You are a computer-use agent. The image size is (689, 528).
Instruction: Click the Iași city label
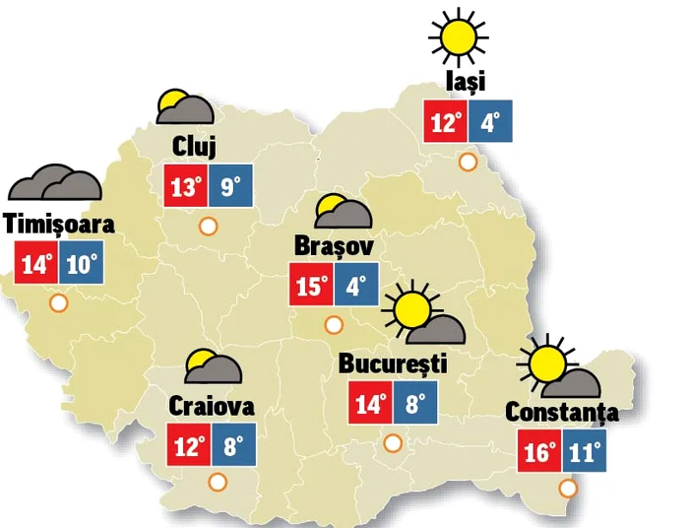click(465, 82)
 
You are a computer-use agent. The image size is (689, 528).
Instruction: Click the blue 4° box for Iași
click(490, 123)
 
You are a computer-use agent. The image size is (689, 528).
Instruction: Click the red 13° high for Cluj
click(185, 187)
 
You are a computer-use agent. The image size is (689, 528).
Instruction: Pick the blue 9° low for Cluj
click(229, 187)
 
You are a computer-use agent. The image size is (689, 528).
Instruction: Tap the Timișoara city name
click(59, 224)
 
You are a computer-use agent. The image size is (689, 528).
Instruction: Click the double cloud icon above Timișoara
click(55, 183)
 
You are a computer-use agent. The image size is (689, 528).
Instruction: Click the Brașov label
click(334, 244)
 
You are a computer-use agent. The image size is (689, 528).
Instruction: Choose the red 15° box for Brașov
click(311, 286)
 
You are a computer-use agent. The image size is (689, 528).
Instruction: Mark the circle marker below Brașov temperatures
click(333, 323)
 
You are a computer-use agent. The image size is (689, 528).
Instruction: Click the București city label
click(393, 363)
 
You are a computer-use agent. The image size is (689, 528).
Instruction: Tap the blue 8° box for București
click(414, 404)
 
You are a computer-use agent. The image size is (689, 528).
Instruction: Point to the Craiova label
click(212, 405)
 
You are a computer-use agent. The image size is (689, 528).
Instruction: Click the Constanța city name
click(562, 412)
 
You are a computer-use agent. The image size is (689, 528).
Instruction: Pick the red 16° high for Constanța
click(540, 454)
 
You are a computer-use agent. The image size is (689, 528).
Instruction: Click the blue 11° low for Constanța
click(587, 454)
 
